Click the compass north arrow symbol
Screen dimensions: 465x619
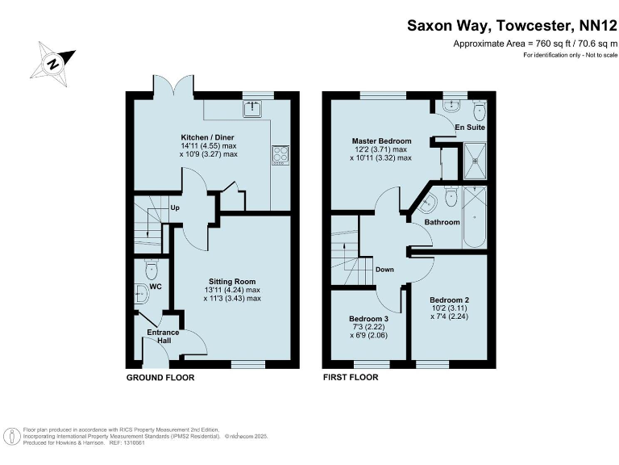[x=54, y=62]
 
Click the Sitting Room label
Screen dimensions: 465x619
[x=232, y=282]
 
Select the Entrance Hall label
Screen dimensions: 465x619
[x=162, y=337]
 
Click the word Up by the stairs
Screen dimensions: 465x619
[x=175, y=207]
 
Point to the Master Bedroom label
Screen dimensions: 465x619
[x=380, y=141]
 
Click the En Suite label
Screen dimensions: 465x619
[x=469, y=128]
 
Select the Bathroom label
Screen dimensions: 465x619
[x=442, y=222]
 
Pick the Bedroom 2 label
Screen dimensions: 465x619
[x=449, y=300]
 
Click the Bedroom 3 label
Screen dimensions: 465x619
[x=369, y=319]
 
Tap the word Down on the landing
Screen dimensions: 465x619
[x=384, y=269]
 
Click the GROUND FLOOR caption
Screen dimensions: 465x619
[x=160, y=377]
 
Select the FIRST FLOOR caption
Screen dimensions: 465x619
[x=351, y=377]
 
